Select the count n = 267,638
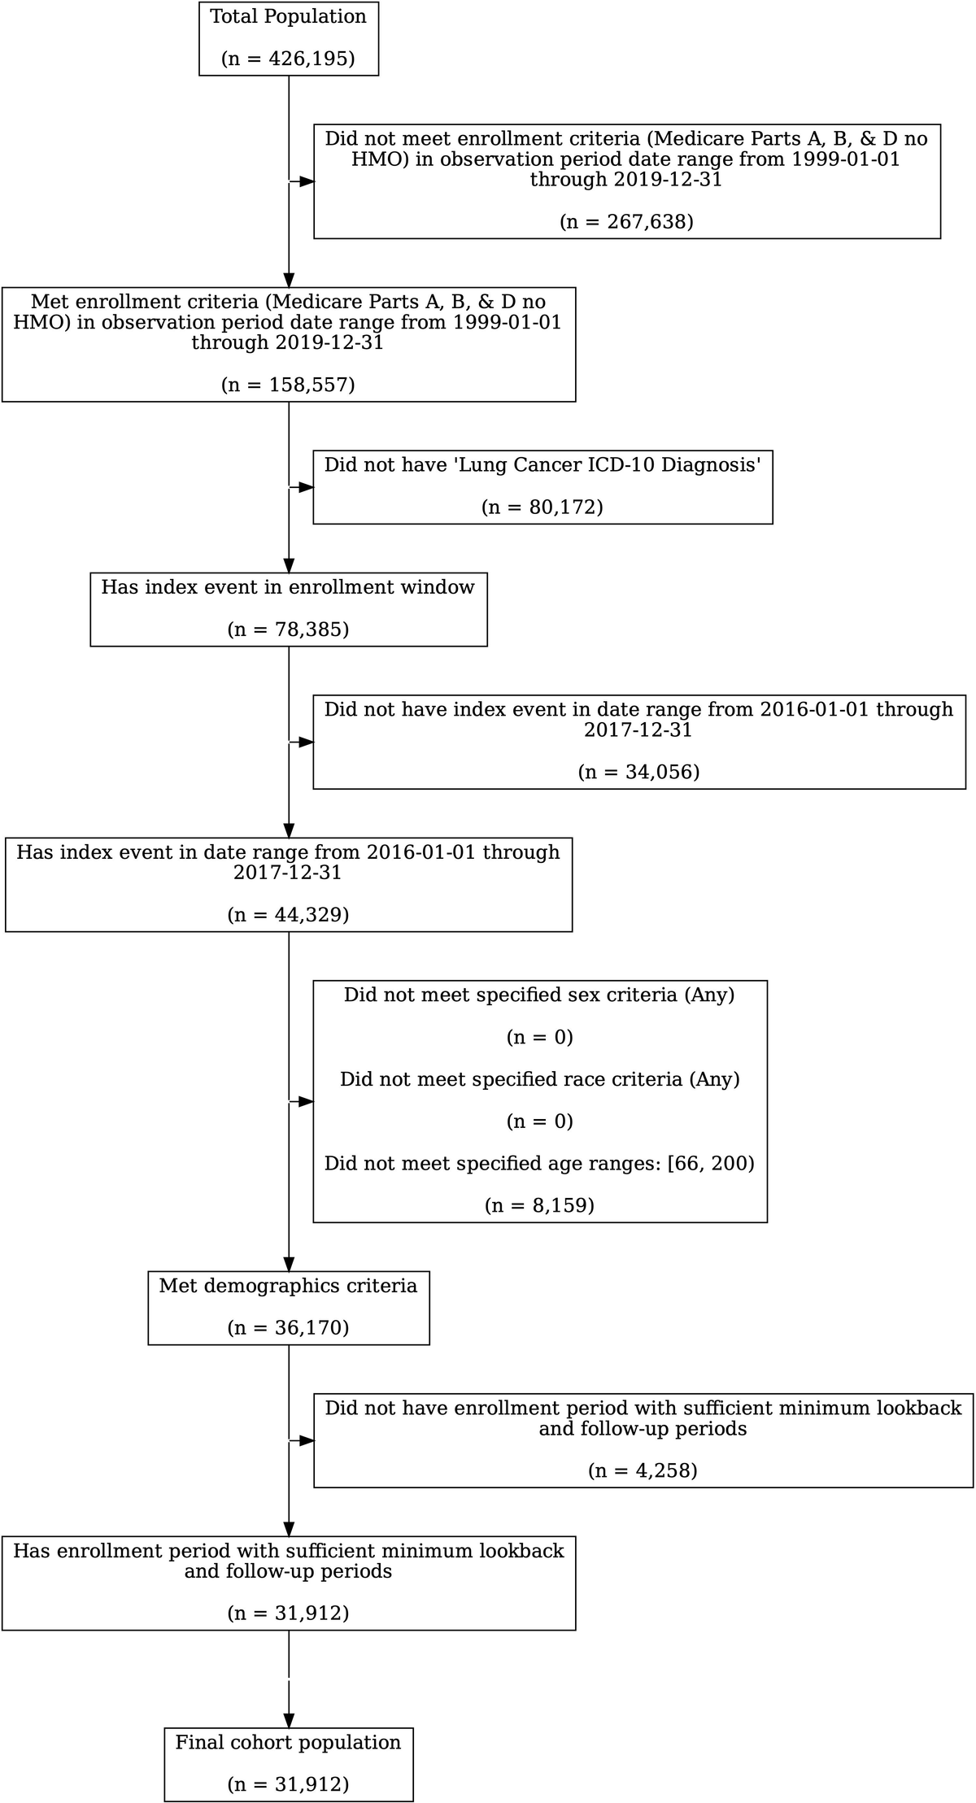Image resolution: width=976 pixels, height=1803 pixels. pos(626,222)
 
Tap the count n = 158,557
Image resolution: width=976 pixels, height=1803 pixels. pos(288,385)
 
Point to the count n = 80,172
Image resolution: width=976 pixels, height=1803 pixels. pos(542,507)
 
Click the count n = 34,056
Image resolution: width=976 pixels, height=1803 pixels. pos(638,772)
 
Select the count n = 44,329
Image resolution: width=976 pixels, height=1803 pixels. pos(288,914)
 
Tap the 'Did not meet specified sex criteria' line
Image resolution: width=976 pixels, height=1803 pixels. pos(539,995)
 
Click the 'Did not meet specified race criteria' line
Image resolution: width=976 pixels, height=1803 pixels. pos(539,1079)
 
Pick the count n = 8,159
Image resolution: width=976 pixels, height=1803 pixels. pos(539,1205)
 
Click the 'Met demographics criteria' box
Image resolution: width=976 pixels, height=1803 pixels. pos(289,1307)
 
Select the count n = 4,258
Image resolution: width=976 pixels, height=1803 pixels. pos(643,1470)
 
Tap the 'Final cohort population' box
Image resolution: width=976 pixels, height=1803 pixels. pos(289,1763)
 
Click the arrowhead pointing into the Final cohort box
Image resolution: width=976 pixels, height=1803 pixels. pos(289,1719)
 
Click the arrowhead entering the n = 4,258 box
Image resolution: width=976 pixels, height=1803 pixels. pos(306,1440)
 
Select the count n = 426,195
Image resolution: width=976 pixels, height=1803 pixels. pos(288,59)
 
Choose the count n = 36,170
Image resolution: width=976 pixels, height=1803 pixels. pos(288,1327)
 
